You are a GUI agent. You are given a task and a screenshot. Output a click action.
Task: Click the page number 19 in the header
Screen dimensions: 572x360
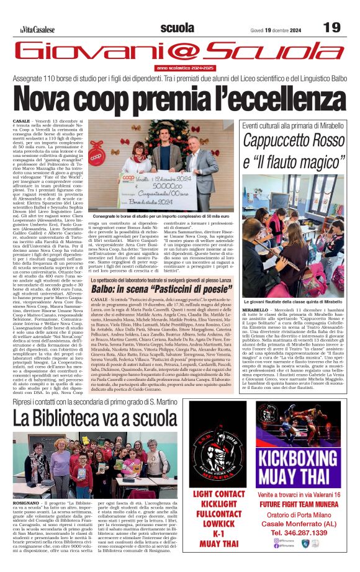click(331, 28)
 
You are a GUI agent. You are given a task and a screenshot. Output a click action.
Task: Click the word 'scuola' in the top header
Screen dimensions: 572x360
click(177, 28)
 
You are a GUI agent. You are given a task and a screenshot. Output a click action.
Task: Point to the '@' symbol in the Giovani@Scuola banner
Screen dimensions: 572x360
click(186, 51)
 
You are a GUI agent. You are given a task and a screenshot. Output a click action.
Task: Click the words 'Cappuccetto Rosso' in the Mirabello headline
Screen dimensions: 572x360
click(293, 142)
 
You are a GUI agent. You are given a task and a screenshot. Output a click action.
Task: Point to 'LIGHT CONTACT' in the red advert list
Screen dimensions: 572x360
click(218, 494)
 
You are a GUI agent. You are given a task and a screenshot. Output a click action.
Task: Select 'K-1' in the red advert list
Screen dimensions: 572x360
click(218, 534)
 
